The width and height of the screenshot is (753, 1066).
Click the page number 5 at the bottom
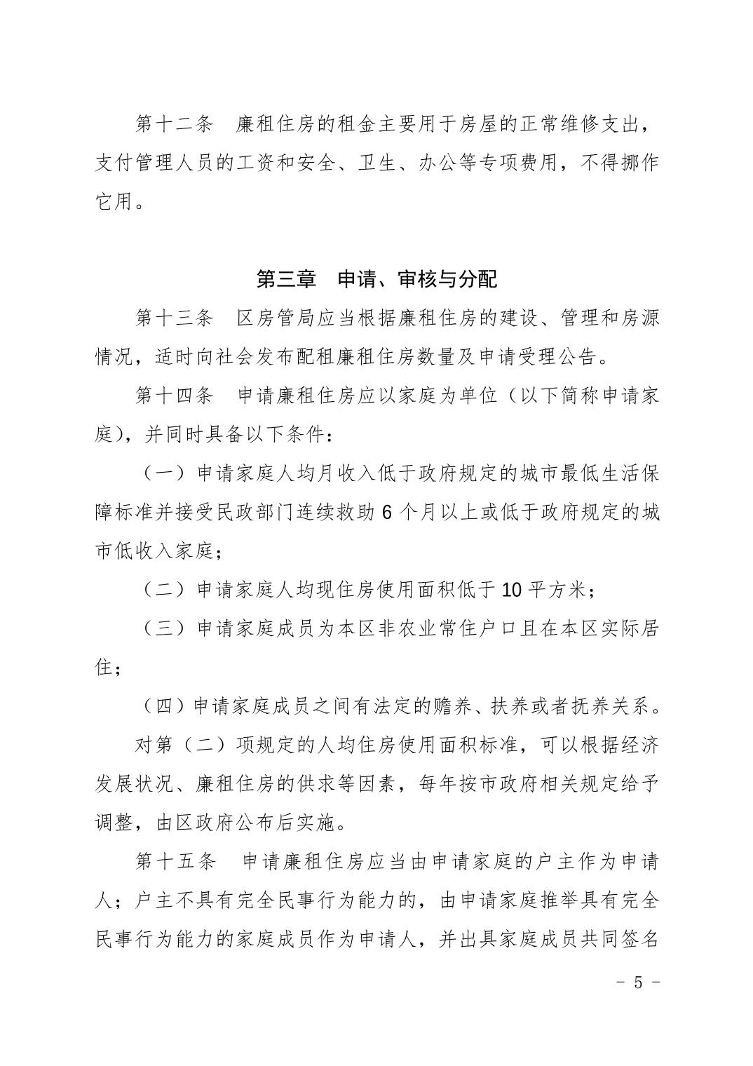point(637,983)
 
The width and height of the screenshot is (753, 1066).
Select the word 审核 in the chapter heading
point(417,279)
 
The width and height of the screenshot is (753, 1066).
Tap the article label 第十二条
point(175,125)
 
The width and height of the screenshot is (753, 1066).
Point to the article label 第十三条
point(175,318)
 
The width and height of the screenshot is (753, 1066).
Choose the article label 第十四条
point(175,396)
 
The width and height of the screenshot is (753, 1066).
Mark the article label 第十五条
point(175,861)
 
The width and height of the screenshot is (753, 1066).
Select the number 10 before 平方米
point(512,590)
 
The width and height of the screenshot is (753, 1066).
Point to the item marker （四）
point(163,706)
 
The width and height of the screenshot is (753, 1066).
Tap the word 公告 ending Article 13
point(580,357)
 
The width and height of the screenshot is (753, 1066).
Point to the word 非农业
point(397,628)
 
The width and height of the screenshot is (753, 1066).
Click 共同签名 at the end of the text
point(619,939)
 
